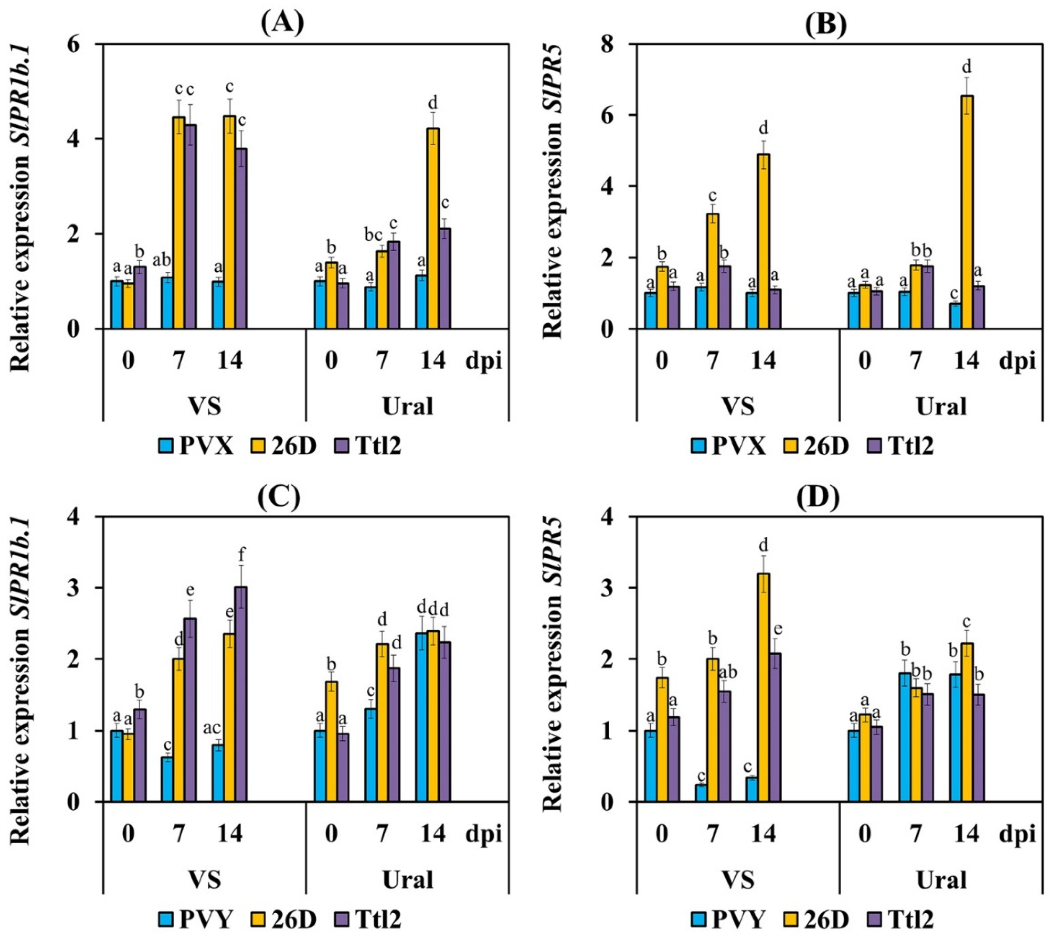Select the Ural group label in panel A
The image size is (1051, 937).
pyautogui.click(x=408, y=407)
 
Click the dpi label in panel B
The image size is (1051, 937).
pyautogui.click(x=1017, y=361)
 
